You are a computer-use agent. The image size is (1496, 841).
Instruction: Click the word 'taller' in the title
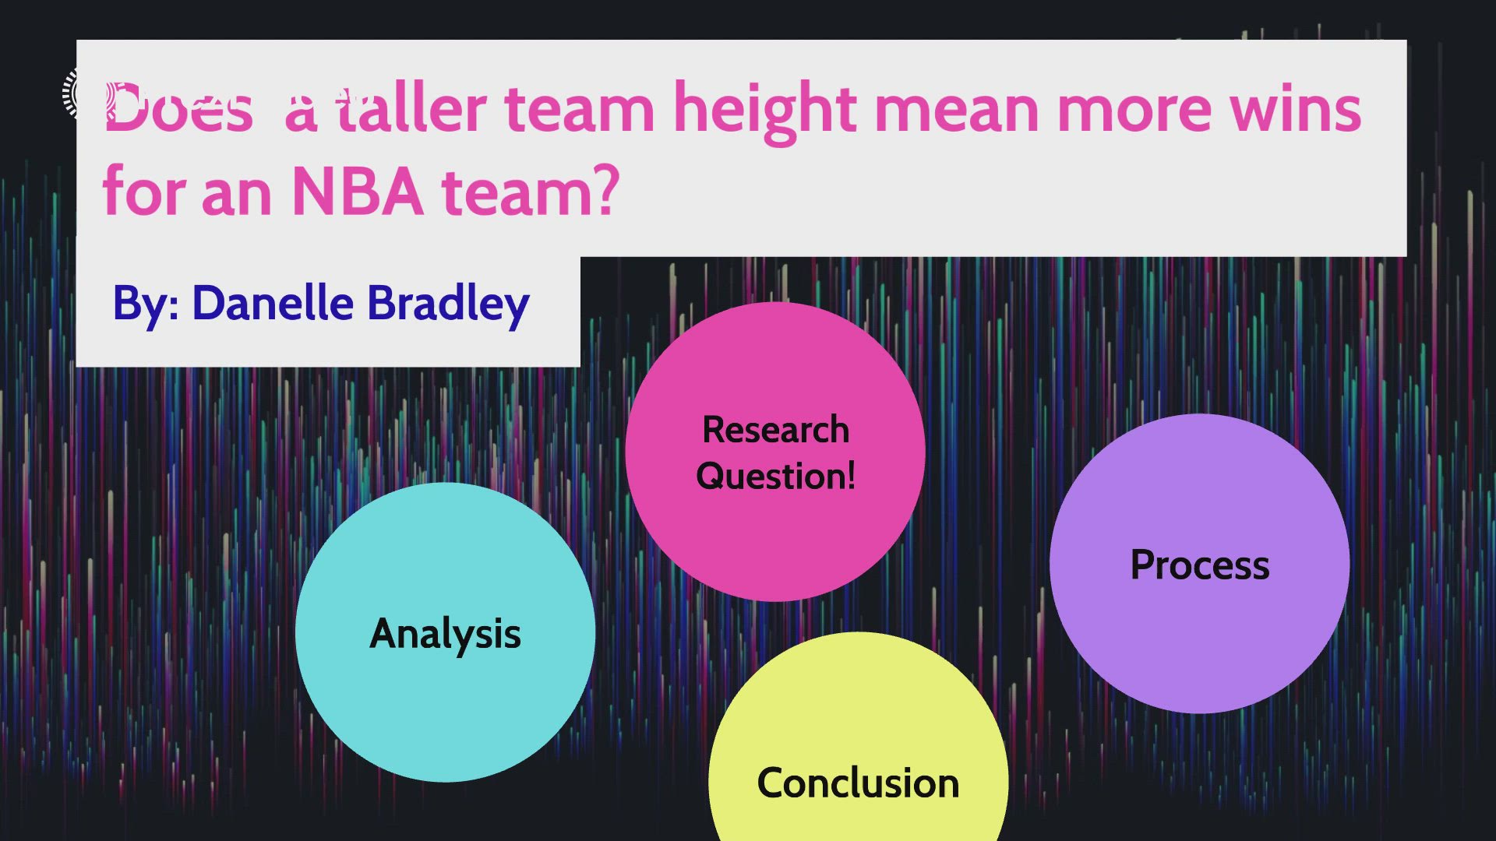pyautogui.click(x=411, y=109)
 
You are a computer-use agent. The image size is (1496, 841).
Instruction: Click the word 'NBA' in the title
pyautogui.click(x=358, y=192)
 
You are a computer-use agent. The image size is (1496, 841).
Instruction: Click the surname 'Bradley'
pyautogui.click(x=448, y=304)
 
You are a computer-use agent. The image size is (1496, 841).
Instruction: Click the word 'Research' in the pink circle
pyautogui.click(x=775, y=430)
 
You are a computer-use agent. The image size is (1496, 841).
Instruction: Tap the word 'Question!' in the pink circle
pyautogui.click(x=775, y=476)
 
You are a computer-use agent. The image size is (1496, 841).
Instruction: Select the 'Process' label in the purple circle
pyautogui.click(x=1199, y=565)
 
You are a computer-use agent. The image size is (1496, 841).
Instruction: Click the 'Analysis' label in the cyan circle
pyautogui.click(x=445, y=634)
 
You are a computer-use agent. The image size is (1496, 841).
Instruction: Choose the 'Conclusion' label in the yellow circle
pyautogui.click(x=858, y=783)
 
